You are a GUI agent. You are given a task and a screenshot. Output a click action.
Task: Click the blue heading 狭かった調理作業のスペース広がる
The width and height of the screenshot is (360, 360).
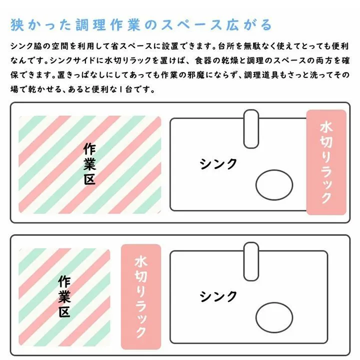point(141,25)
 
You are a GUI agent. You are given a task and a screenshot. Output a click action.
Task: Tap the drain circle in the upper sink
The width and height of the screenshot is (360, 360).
point(274,185)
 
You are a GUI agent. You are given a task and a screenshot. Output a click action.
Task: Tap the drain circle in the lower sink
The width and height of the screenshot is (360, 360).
point(274,317)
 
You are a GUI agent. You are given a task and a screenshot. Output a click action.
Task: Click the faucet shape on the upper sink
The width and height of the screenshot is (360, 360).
point(251,129)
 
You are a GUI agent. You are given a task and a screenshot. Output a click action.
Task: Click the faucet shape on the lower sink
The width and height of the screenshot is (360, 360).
point(251,261)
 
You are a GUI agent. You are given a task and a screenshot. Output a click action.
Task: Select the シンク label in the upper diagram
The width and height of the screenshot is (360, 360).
point(218,163)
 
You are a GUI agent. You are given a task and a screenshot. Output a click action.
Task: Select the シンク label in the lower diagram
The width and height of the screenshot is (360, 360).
point(218,296)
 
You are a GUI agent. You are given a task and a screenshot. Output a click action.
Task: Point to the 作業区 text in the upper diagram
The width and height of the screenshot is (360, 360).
point(89,164)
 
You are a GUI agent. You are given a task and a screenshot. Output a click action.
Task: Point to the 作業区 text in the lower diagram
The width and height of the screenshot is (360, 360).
point(64,296)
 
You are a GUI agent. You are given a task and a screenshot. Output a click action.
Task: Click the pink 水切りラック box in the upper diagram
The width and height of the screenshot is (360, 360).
point(326,162)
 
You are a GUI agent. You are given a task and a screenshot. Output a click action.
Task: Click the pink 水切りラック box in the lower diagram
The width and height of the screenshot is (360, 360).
point(141,296)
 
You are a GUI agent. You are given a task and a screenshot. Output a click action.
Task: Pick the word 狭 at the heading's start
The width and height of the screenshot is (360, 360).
point(17,25)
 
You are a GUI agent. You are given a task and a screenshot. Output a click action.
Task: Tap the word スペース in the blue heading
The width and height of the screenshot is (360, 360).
point(191,25)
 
